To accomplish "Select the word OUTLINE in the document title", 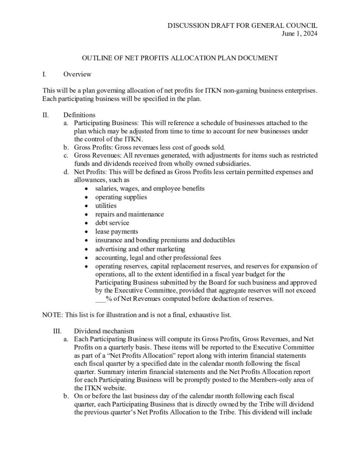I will pyautogui.click(x=96, y=58).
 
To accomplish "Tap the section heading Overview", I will pyautogui.click(x=77, y=74).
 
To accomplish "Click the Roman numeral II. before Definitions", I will pyautogui.click(x=45, y=115).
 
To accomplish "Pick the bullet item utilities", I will pyautogui.click(x=106, y=205).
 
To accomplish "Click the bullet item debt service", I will pyautogui.click(x=112, y=222).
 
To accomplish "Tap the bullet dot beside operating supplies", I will pyautogui.click(x=87, y=197).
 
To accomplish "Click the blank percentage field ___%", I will pyautogui.click(x=103, y=299).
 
